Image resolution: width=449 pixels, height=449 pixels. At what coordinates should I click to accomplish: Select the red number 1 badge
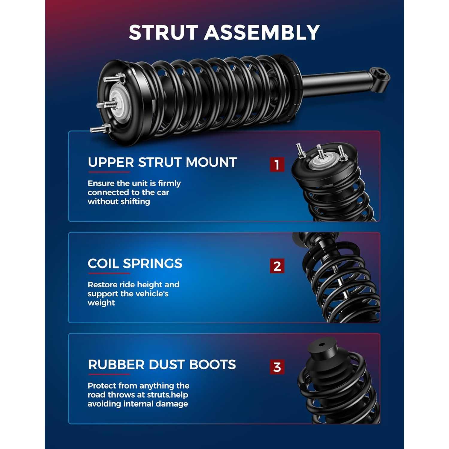tap(277, 165)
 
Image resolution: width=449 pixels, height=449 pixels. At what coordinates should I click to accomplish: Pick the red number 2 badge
tap(277, 266)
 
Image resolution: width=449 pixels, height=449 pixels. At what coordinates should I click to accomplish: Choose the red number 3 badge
tap(277, 367)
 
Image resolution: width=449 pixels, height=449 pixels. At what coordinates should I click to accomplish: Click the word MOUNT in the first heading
tap(211, 163)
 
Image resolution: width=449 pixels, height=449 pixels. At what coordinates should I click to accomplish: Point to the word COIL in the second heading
tap(103, 264)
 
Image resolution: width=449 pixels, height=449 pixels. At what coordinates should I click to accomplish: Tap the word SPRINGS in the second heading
tap(153, 264)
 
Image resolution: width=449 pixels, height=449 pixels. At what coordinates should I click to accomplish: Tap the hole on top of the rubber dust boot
tap(321, 345)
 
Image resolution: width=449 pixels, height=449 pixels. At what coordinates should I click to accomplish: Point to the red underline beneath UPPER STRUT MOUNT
tap(109, 172)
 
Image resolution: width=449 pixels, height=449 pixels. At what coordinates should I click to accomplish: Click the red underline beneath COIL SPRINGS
tap(109, 273)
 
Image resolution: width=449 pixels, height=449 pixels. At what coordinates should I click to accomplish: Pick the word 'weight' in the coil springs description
tap(101, 303)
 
